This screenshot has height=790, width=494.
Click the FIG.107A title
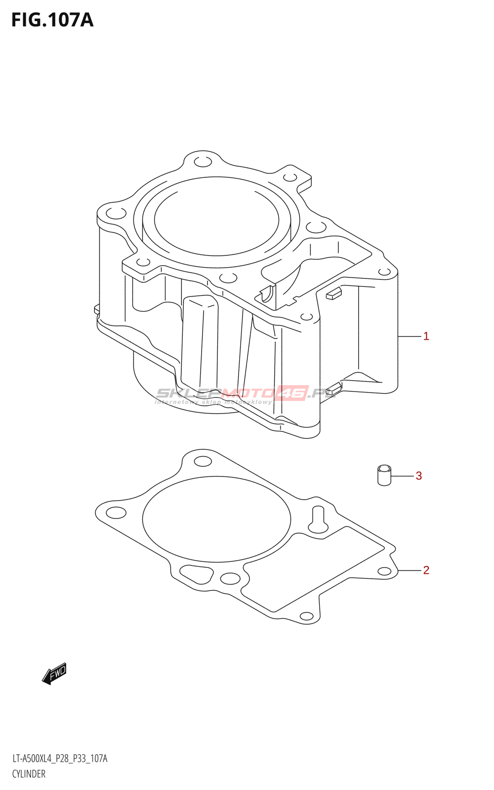click(x=52, y=20)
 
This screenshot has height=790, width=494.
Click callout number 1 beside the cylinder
click(x=426, y=336)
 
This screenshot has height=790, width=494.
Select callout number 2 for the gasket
click(x=426, y=570)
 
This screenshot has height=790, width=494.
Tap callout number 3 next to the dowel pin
click(x=418, y=476)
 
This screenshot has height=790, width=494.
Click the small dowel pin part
click(x=384, y=475)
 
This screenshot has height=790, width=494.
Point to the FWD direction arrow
click(x=54, y=673)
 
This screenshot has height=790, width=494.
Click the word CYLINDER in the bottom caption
click(x=29, y=774)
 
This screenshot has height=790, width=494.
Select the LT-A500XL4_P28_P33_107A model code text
click(x=60, y=759)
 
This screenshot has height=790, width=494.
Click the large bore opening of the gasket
click(x=216, y=519)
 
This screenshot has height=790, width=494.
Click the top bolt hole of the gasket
click(x=203, y=462)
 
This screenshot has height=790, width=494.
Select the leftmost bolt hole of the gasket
click(x=116, y=513)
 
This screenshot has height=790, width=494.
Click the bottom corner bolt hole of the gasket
click(x=307, y=616)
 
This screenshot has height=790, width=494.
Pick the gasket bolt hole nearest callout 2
click(x=384, y=571)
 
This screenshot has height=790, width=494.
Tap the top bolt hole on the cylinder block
click(x=203, y=162)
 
